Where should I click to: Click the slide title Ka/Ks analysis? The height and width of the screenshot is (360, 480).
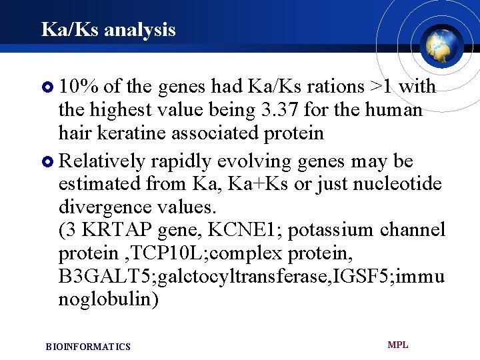(x=108, y=29)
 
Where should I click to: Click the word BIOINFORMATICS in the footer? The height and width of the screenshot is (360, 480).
(x=88, y=347)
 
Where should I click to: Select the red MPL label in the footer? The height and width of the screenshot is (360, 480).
(x=397, y=345)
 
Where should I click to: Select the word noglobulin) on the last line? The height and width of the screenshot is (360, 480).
(x=109, y=299)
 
